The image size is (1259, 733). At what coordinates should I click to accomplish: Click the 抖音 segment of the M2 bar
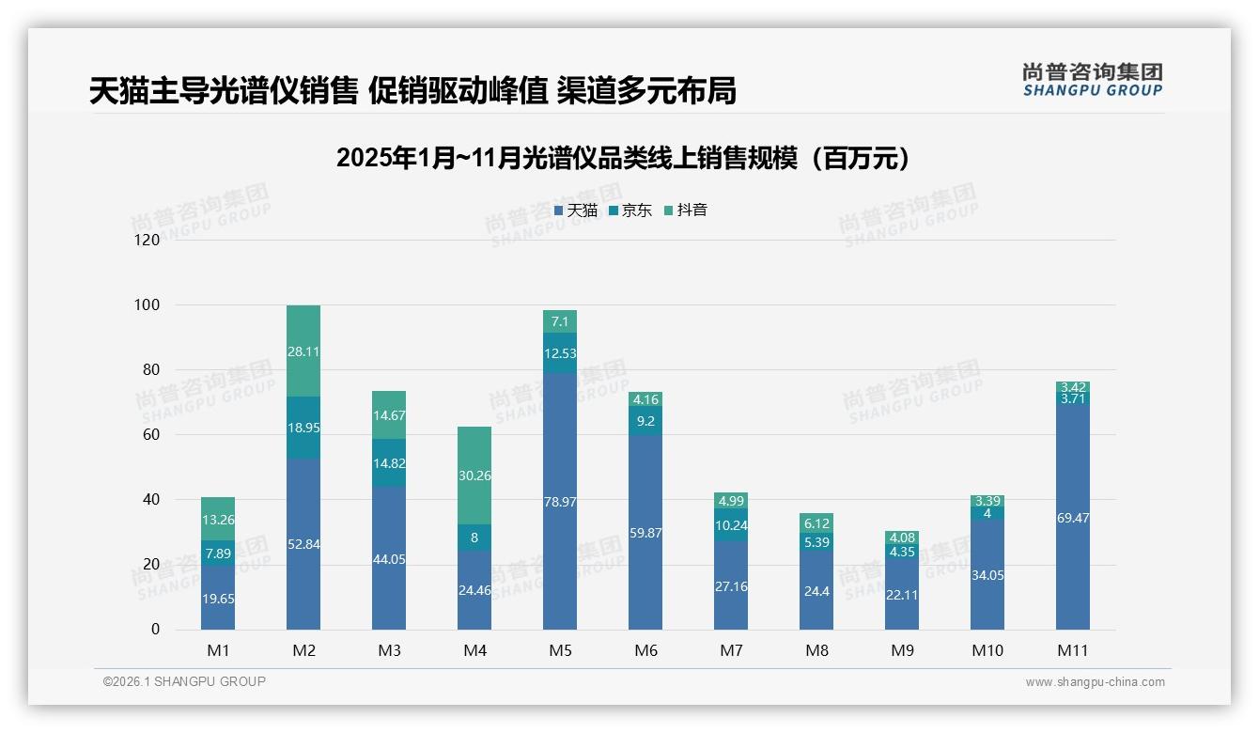coord(303,351)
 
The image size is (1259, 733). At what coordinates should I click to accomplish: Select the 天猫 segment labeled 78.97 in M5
coord(560,501)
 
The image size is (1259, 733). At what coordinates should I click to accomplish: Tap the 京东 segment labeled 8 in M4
coord(474,538)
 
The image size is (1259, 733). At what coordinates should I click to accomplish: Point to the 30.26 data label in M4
coord(474,476)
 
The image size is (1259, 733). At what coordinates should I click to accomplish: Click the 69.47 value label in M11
coord(1072,518)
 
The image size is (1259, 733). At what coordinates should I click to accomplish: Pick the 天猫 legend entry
coord(576,211)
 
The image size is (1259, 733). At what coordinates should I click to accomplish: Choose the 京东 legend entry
coord(630,211)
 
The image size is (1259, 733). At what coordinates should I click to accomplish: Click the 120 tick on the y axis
coord(148,241)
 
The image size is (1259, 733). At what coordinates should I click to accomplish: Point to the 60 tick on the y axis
coord(151,435)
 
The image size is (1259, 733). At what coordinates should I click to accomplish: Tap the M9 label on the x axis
coord(902,650)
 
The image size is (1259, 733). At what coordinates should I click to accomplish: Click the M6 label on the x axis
coord(645,650)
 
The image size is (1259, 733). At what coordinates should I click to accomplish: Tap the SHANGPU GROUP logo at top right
coord(1092,80)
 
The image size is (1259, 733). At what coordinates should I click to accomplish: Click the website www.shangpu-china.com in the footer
coord(1095,682)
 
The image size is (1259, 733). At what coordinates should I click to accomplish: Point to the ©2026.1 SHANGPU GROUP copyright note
coord(184,681)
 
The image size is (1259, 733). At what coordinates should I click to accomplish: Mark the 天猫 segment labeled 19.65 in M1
coord(218,598)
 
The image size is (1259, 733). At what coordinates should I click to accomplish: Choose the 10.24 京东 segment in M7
coord(731,525)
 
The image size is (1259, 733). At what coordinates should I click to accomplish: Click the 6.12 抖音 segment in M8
coord(816,522)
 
